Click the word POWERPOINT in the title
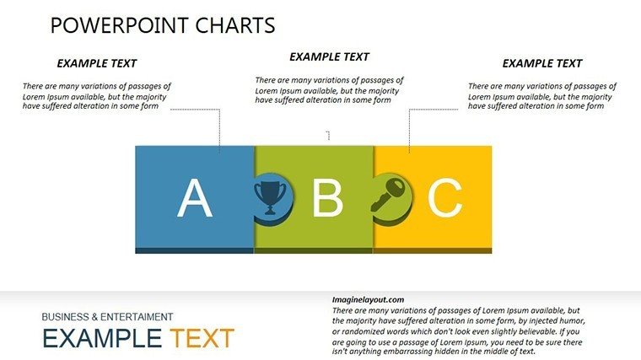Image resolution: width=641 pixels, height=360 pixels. (x=120, y=25)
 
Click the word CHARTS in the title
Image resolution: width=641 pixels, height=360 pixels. (x=235, y=25)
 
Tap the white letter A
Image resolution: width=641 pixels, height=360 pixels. (x=195, y=198)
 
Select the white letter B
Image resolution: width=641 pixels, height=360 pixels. (x=327, y=198)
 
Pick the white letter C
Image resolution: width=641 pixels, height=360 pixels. (x=444, y=198)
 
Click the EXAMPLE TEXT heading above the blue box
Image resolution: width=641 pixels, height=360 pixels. (x=96, y=63)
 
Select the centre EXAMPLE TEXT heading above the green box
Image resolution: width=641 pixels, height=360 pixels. (x=329, y=56)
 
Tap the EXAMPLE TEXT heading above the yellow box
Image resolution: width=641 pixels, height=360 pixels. (x=542, y=63)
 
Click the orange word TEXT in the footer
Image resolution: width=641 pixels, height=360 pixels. (x=202, y=338)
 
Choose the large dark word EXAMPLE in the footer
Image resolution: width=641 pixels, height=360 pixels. (x=102, y=338)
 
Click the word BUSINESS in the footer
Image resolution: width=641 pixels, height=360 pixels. (x=66, y=317)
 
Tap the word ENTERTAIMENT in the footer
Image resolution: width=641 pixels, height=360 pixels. (x=137, y=317)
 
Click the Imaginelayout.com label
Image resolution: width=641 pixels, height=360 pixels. (x=368, y=300)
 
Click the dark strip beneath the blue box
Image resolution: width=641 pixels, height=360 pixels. (x=195, y=250)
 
